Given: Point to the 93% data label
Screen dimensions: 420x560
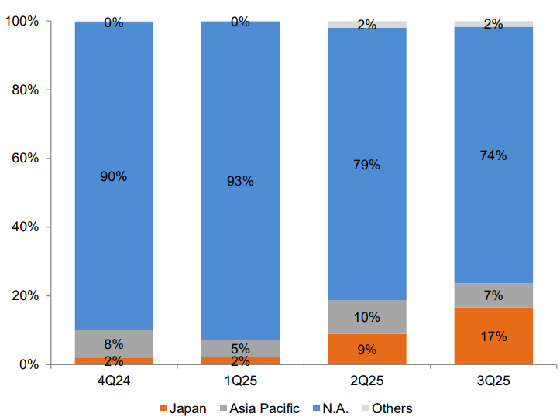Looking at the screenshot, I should (x=240, y=181).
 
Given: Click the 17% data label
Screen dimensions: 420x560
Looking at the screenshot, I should (x=493, y=336).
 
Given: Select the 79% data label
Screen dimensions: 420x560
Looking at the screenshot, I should (x=367, y=165).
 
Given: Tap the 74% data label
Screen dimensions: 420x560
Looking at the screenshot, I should (x=493, y=155).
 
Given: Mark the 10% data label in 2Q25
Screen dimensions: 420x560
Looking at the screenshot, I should (x=367, y=317).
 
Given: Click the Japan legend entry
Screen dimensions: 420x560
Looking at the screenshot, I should (x=182, y=408).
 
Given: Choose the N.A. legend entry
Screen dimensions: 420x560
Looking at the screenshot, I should (x=334, y=408).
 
